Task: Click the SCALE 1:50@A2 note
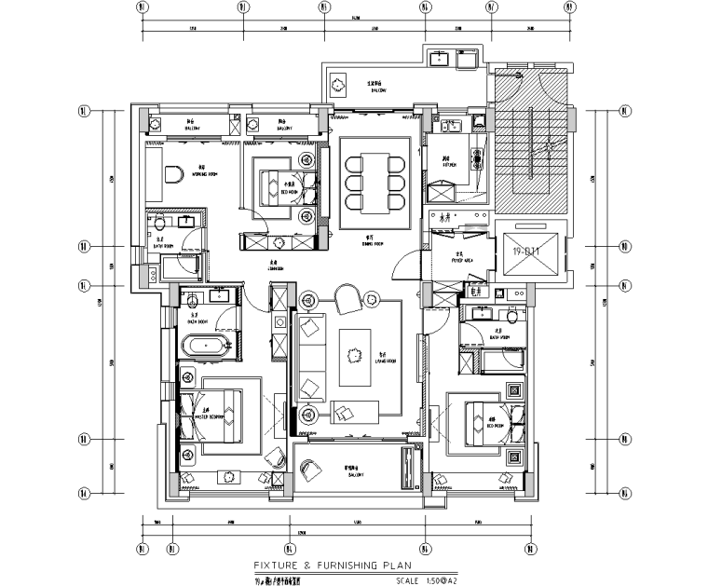[425, 582]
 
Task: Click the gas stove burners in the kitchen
[479, 159]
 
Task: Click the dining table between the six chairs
[374, 179]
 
